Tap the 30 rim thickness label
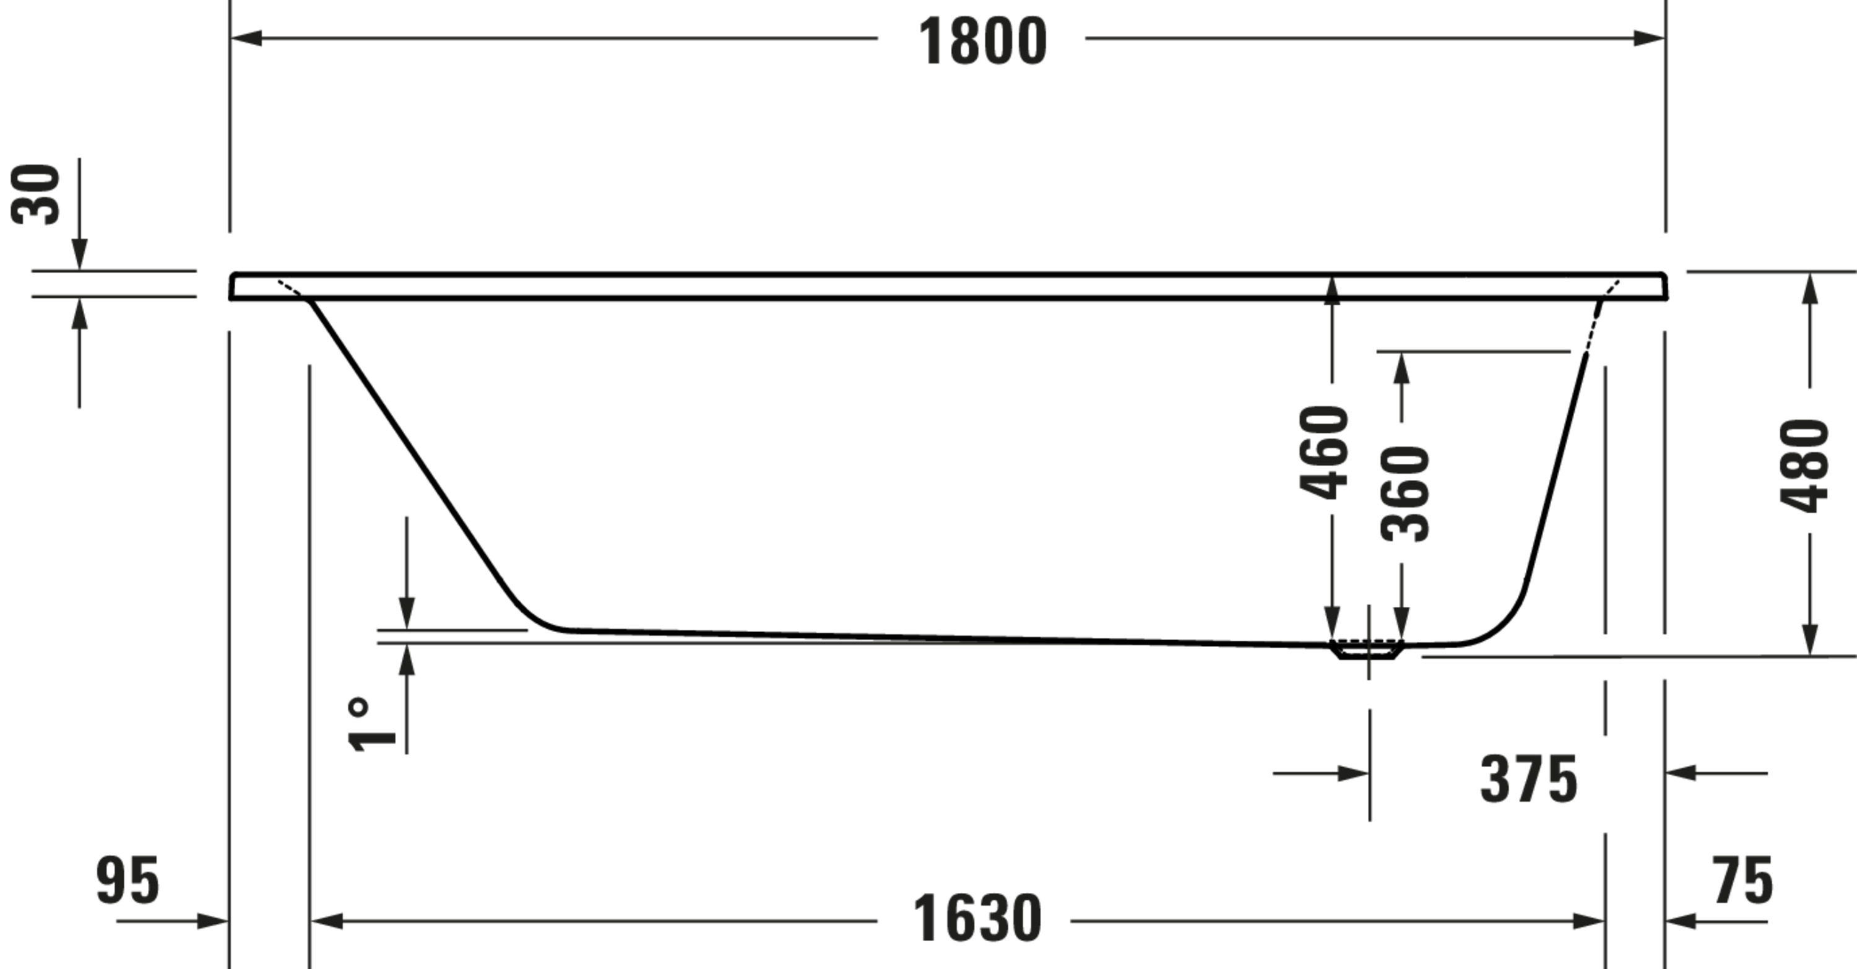coord(36,194)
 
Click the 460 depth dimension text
coord(1324,453)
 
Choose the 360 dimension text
coord(1405,494)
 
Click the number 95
coord(128,881)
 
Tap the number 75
coord(1743,881)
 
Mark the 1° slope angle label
coord(371,724)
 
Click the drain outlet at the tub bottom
coord(1367,650)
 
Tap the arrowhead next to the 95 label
coord(213,921)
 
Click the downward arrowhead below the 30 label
coord(79,255)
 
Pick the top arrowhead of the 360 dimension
coord(1401,368)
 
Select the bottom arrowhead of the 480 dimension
coord(1809,640)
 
